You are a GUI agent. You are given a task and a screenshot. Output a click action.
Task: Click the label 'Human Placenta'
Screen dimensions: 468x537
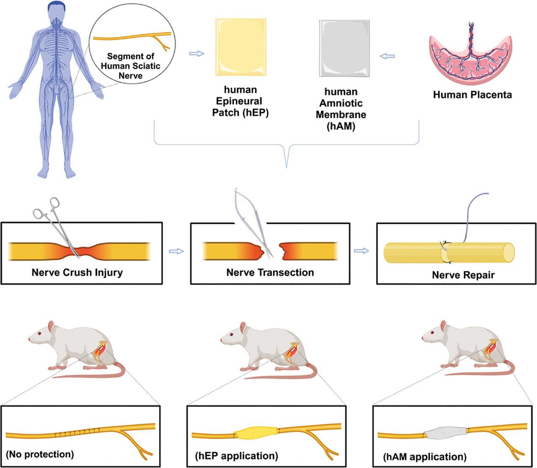click(472, 95)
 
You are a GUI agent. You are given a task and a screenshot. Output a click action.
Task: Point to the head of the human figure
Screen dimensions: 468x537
click(56, 9)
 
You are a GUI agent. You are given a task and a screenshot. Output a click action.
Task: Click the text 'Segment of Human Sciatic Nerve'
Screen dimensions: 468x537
click(130, 66)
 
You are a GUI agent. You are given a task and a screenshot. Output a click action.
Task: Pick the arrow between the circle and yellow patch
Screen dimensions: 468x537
click(196, 54)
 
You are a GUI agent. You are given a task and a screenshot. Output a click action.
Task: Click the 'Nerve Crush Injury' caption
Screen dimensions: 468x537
click(77, 273)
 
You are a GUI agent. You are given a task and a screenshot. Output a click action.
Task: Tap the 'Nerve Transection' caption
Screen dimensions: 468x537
click(270, 273)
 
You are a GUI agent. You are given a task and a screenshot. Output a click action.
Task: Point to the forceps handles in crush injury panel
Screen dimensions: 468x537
click(46, 208)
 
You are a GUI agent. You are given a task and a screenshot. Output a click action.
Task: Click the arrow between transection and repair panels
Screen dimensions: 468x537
click(361, 251)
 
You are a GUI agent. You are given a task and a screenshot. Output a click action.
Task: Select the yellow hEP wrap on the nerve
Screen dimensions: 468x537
click(255, 433)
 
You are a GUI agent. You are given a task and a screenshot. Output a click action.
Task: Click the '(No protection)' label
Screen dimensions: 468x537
click(40, 454)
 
